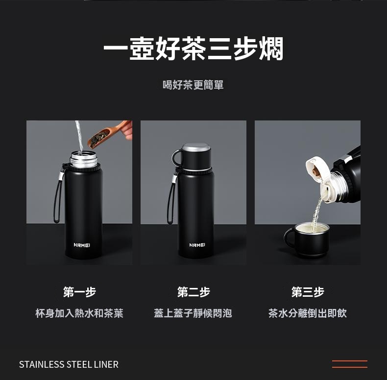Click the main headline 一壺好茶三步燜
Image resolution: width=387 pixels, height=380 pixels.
193,48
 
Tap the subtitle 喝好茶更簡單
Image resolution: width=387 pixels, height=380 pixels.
193,85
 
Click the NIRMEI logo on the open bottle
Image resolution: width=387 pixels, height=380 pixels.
82,245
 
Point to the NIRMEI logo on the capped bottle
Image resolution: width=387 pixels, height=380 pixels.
197,245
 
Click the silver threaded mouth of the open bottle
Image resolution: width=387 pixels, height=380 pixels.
83,159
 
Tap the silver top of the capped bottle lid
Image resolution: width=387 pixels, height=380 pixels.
196,147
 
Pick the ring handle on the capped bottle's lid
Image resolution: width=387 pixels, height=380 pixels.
176,158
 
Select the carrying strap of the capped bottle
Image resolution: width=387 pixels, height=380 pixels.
171,197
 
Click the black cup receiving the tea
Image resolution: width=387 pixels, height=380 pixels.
307,240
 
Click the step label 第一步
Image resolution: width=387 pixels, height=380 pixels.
79,292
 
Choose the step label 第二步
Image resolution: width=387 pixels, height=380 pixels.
193,292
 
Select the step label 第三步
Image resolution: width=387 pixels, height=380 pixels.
308,292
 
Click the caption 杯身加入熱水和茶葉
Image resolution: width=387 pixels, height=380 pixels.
79,313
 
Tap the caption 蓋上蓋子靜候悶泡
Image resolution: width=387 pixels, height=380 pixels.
193,313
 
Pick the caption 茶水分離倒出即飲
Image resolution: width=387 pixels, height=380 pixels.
308,313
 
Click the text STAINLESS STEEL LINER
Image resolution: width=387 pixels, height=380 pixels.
69,364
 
